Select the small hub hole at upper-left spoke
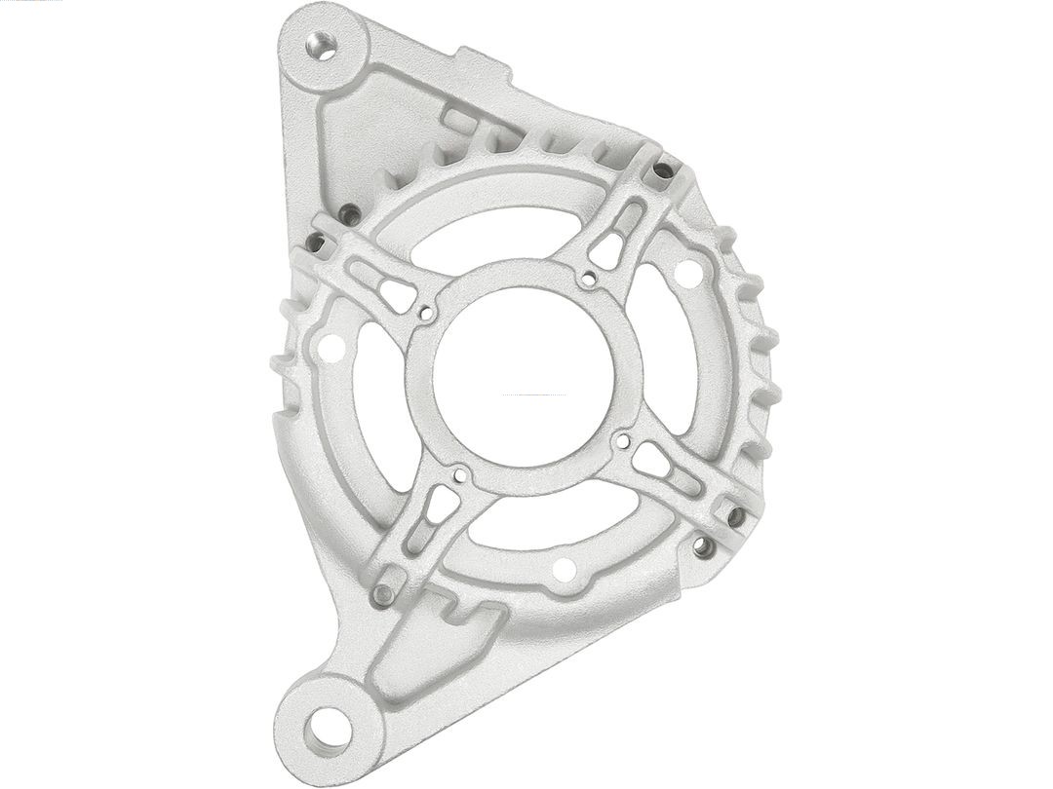[426, 314]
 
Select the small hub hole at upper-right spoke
[587, 281]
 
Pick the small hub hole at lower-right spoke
[620, 441]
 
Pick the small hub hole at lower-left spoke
[459, 477]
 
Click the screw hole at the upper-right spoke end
[663, 170]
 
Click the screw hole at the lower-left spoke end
[385, 592]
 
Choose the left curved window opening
[375, 409]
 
